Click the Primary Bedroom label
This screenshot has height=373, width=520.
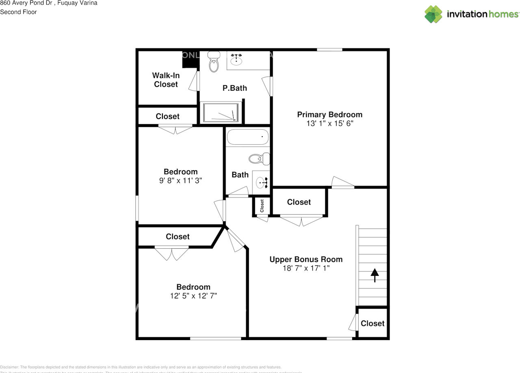[x=329, y=115]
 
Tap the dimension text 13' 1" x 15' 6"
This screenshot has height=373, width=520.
[x=329, y=124]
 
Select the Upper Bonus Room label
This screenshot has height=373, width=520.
[x=306, y=259]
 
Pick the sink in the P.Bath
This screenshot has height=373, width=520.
[x=236, y=61]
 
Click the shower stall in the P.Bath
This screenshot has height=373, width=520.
[x=221, y=112]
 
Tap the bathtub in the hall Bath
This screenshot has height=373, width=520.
[x=248, y=137]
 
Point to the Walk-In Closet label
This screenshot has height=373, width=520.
[x=166, y=80]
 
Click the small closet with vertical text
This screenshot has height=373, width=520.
[x=262, y=206]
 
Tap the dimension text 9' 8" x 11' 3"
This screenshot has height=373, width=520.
[x=180, y=181]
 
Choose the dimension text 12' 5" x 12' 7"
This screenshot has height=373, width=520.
[x=193, y=296]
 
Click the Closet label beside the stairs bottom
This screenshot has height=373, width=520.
[x=373, y=323]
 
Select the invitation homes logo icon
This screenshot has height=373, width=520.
[x=433, y=14]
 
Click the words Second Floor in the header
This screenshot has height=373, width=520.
[x=18, y=12]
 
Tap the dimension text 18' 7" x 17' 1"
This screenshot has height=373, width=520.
[x=306, y=268]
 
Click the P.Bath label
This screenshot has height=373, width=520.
[x=234, y=88]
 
